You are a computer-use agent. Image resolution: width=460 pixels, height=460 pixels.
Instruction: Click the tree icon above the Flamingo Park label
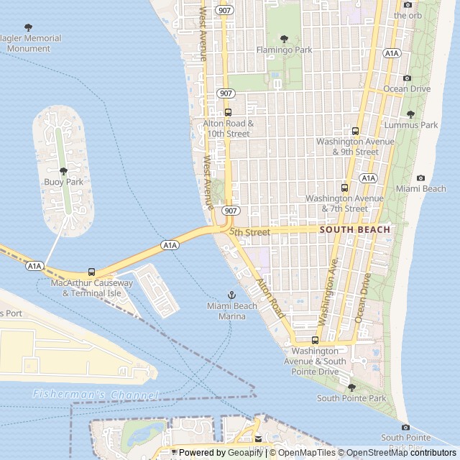point(284,39)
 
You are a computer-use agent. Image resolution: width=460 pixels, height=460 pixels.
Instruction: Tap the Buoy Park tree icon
point(63,170)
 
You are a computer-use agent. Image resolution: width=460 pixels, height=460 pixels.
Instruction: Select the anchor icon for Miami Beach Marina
point(231,295)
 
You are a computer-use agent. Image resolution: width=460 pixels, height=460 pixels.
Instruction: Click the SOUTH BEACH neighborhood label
point(354,230)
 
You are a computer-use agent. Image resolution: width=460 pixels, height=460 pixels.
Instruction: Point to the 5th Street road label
point(249,232)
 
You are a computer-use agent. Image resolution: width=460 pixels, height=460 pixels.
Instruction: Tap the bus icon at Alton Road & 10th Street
point(228,112)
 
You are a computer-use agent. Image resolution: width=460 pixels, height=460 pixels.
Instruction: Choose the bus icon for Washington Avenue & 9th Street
point(355,131)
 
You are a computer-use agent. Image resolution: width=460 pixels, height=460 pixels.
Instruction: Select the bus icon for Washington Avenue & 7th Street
point(344,188)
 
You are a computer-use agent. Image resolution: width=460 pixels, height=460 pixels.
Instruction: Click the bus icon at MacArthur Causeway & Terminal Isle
point(91,272)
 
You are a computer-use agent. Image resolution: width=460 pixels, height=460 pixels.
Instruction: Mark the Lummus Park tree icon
point(410,114)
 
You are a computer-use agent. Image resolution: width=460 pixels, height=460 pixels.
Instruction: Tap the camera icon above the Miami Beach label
point(420,178)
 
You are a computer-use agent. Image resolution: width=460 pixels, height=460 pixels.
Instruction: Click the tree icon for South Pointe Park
point(351,387)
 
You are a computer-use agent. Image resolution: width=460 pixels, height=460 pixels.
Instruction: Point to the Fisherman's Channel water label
point(96,395)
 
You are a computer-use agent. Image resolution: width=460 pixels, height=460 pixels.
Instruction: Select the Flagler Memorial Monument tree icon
point(29,27)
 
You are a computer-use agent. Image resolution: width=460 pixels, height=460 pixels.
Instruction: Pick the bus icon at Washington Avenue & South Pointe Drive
point(315,340)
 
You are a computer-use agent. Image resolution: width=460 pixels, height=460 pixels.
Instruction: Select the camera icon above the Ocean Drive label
point(407,78)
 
